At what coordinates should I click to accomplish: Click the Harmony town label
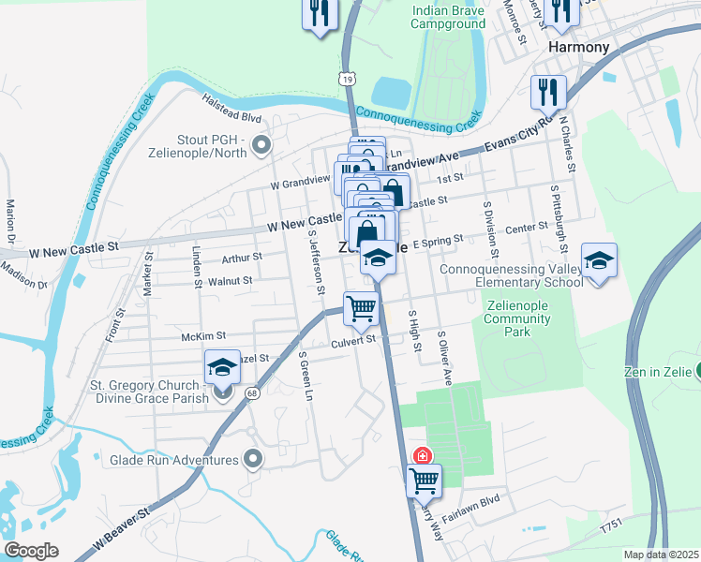coord(578,47)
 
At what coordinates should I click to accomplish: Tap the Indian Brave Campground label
coord(448,18)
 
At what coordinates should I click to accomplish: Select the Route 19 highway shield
coord(348,81)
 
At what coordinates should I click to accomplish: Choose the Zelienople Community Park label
coord(517,318)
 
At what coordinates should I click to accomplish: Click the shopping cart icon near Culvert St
coord(361,307)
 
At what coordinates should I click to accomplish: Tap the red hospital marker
coord(423,456)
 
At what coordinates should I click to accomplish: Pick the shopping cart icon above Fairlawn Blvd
coord(424,481)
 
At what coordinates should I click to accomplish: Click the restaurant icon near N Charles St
coord(548,92)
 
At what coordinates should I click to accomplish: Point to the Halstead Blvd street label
coord(231,118)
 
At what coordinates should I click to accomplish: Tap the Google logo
coord(31,551)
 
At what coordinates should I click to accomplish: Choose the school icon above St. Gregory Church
coord(221,367)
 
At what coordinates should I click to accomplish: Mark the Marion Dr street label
coord(11,218)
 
